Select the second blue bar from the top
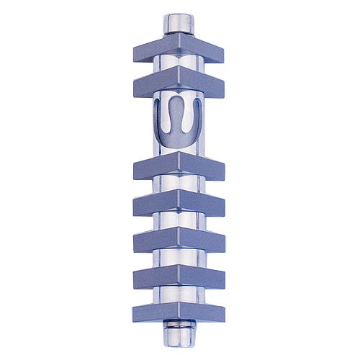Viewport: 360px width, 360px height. click(x=178, y=84)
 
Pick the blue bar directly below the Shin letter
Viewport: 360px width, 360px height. click(x=178, y=167)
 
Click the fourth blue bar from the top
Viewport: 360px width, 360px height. click(x=178, y=204)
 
